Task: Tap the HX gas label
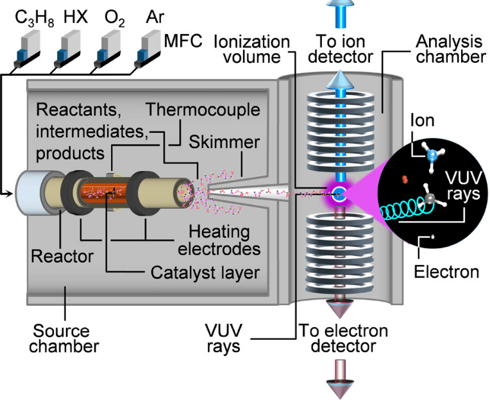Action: coord(76,17)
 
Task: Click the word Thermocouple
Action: coord(203,110)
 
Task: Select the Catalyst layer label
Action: coord(205,273)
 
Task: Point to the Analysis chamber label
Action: coord(449,49)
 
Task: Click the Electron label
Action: coord(446,271)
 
